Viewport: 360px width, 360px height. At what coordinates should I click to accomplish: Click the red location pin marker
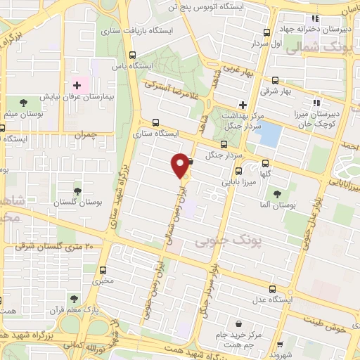[181, 165]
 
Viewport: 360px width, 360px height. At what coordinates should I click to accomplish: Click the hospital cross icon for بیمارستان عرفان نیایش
[77, 85]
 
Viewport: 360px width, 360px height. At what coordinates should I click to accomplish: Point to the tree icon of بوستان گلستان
[77, 191]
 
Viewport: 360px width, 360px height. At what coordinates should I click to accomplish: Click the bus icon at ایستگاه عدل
[273, 289]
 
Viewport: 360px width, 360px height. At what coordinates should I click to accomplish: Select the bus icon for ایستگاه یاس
[133, 55]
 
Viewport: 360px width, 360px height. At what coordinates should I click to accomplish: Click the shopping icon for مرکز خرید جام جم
[241, 324]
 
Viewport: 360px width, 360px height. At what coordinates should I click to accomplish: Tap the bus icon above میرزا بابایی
[238, 171]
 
